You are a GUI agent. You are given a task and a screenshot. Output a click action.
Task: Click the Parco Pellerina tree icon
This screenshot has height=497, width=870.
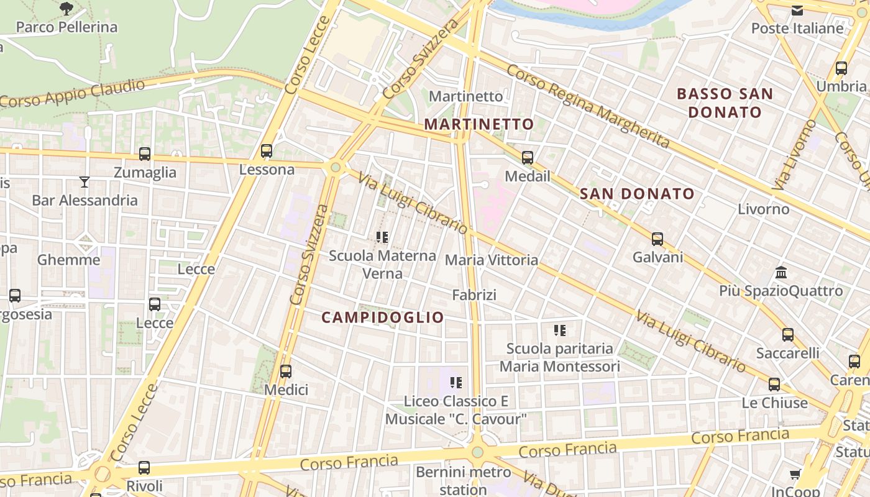[x=66, y=9]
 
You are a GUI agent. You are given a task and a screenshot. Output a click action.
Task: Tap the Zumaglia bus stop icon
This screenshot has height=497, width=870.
[x=145, y=153]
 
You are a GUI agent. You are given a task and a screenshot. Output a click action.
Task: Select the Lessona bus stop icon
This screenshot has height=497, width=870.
[x=267, y=150]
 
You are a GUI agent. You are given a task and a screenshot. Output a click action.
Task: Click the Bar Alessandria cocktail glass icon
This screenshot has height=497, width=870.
[x=85, y=181]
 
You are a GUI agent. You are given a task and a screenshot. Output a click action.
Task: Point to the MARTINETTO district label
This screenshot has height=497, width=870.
[x=478, y=124]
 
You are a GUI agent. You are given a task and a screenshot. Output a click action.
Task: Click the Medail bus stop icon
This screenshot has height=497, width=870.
[x=528, y=157]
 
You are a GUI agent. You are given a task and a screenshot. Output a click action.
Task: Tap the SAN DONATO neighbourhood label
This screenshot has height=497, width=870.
[x=637, y=194]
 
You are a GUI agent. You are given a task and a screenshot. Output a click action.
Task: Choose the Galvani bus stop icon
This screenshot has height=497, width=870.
[x=657, y=239]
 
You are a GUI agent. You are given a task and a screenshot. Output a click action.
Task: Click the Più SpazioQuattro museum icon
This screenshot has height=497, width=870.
[x=782, y=272]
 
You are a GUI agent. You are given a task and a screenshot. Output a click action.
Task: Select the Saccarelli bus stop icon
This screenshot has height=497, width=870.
[x=788, y=334]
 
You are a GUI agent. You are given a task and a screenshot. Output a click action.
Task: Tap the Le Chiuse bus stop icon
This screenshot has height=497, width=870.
[x=774, y=384]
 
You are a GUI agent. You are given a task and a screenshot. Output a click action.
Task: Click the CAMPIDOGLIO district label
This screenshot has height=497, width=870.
[x=383, y=317]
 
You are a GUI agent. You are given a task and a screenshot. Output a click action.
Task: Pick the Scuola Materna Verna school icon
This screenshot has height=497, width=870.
[x=382, y=237]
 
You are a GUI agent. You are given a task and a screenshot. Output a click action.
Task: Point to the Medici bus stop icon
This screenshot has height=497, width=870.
[x=286, y=371]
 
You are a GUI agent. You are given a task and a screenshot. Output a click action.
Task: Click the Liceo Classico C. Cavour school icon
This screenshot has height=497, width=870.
[x=456, y=383]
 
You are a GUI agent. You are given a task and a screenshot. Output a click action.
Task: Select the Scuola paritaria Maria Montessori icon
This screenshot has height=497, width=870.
[x=560, y=330]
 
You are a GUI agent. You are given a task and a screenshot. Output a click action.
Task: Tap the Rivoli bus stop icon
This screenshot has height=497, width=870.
[x=144, y=467]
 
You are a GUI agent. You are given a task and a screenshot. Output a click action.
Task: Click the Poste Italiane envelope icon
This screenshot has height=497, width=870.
[x=797, y=10]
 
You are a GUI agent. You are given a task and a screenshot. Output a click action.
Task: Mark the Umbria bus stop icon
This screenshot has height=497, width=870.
[x=841, y=68]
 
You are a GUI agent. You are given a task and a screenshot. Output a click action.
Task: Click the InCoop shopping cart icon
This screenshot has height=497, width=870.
[x=795, y=475]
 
